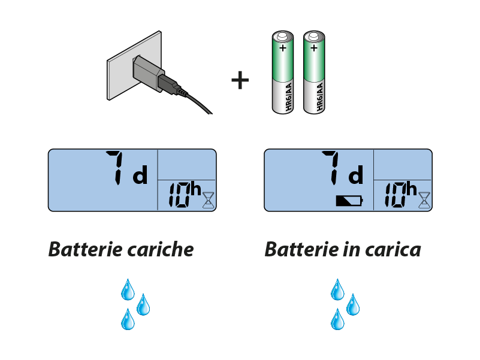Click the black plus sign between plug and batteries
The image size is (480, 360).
click(240, 80)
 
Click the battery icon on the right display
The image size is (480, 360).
click(349, 201)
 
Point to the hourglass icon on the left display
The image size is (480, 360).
click(208, 198)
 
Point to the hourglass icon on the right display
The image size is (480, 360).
click(424, 198)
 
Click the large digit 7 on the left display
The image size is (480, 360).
click(116, 168)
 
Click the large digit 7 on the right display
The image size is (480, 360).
click(333, 168)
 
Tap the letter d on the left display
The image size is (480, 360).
click(140, 176)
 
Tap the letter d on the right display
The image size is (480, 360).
click(356, 176)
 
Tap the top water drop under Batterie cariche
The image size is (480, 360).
click(128, 289)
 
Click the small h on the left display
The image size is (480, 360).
click(195, 189)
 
